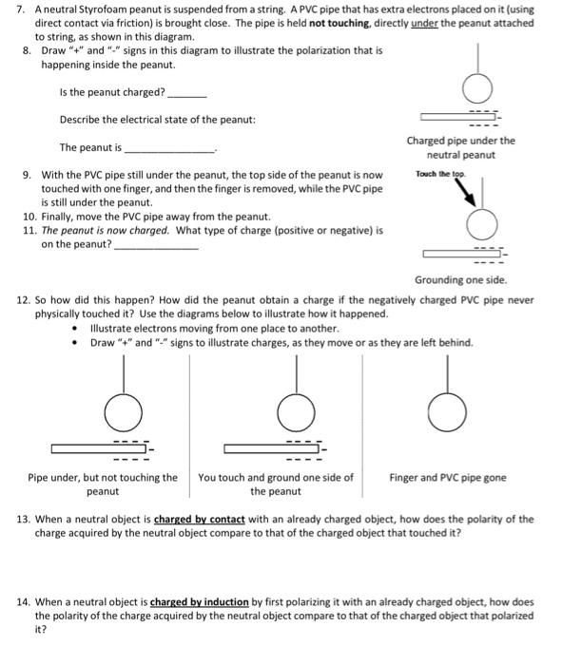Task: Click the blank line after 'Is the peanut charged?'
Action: pos(185,95)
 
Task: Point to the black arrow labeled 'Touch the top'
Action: pos(466,189)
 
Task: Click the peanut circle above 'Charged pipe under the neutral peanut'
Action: pos(477,89)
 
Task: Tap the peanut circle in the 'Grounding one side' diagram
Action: pos(482,225)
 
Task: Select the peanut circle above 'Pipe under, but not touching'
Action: pos(124,411)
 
